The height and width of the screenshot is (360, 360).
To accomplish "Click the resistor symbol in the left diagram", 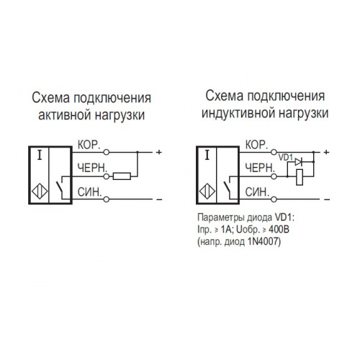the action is click(122, 176).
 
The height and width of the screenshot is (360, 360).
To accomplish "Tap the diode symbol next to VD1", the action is click(298, 162).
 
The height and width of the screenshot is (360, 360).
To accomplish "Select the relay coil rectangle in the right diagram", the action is click(300, 177).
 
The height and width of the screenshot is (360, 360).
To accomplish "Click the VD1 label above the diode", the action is click(286, 158).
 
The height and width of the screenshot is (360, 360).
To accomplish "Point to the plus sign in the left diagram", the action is click(159, 152).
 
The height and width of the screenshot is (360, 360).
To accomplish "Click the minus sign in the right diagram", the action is click(327, 199).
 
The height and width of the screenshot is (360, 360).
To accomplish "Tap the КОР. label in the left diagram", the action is click(89, 145).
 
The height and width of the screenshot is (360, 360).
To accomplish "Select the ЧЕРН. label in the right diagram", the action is click(260, 168).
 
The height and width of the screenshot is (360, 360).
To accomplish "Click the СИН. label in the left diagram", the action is click(90, 192).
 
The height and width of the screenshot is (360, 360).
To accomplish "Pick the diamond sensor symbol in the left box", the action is click(40, 192).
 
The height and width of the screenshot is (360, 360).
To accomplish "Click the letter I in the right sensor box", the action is click(207, 155).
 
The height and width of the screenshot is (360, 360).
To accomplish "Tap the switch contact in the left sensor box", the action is click(60, 188).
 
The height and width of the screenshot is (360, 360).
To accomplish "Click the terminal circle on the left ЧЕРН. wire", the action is click(107, 176).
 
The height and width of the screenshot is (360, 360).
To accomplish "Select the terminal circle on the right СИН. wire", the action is click(274, 199).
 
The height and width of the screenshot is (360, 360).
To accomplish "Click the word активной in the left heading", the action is click(65, 115).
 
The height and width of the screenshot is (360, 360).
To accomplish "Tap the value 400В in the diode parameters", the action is click(279, 230).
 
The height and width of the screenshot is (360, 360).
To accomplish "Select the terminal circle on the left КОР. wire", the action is click(107, 152).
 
